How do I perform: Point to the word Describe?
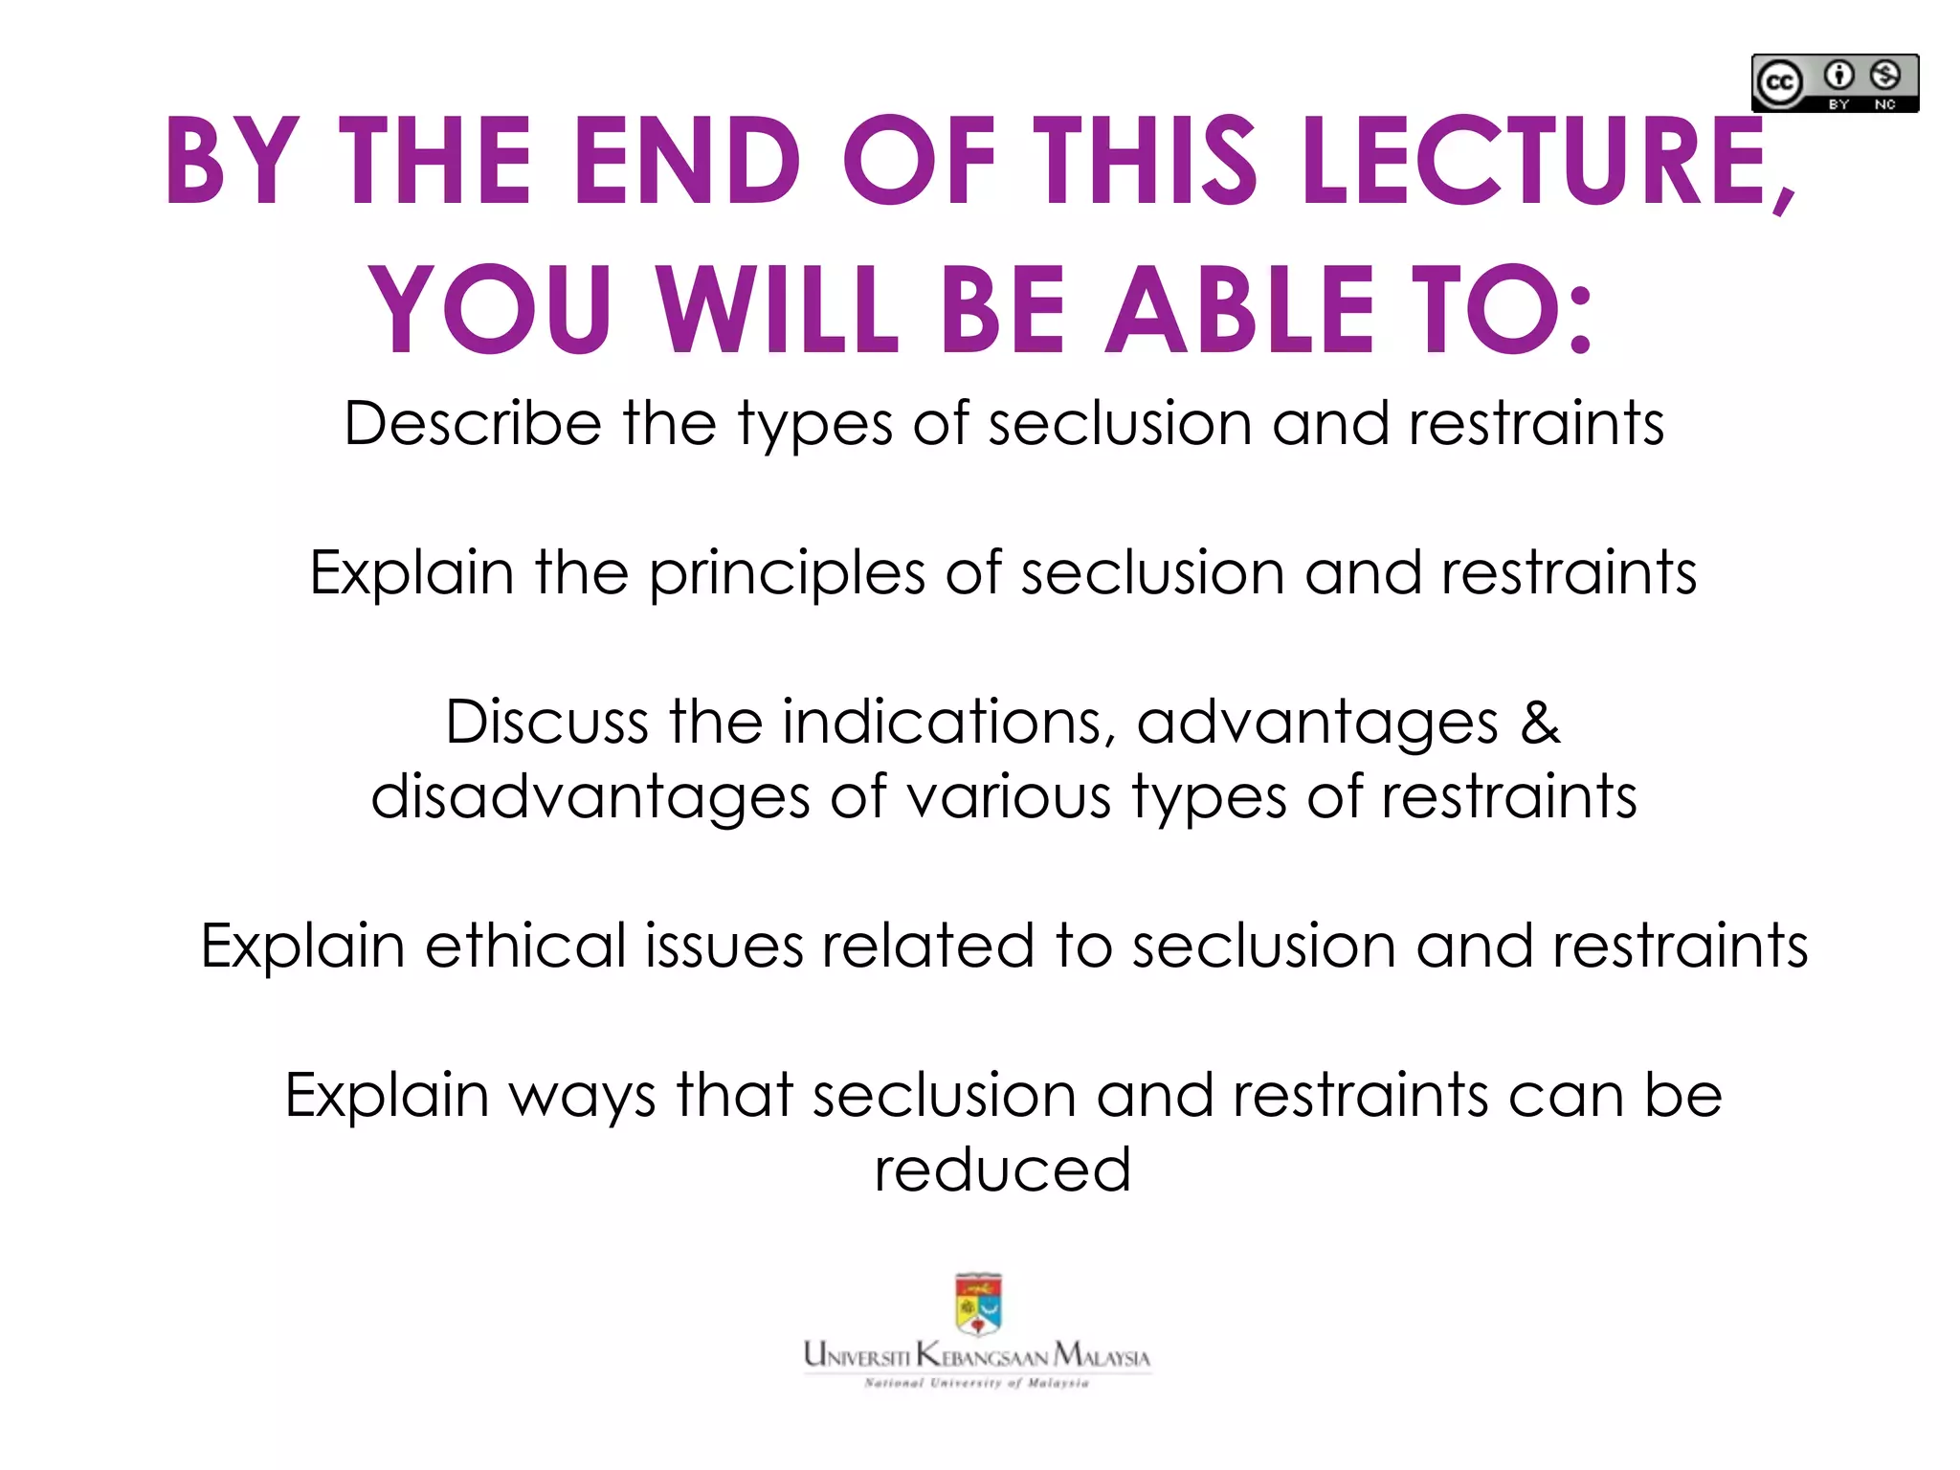tap(473, 423)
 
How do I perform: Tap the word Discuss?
tap(546, 722)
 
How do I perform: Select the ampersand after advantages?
tap(1540, 722)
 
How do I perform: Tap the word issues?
tap(724, 946)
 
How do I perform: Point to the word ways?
tap(582, 1095)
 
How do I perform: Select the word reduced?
tap(1003, 1169)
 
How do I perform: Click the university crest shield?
tap(978, 1304)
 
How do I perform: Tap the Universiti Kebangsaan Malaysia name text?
tap(977, 1355)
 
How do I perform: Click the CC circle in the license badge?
tap(1779, 83)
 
